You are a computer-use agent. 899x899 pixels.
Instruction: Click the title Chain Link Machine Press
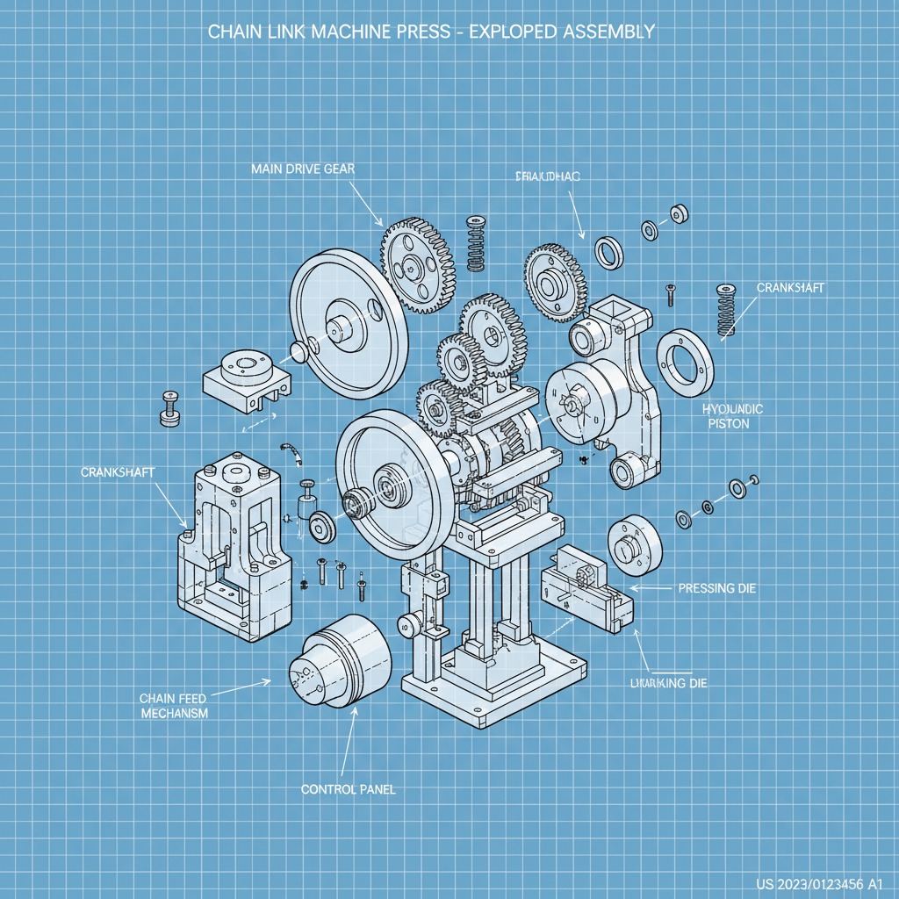click(x=430, y=32)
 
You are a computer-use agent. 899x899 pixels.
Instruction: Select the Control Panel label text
click(x=348, y=789)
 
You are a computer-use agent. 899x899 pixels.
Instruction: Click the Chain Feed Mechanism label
click(x=173, y=705)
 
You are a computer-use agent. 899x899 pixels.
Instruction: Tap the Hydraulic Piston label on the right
click(x=733, y=416)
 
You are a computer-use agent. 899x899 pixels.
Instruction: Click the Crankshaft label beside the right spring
click(x=790, y=288)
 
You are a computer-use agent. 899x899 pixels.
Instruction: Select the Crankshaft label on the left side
click(x=118, y=472)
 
